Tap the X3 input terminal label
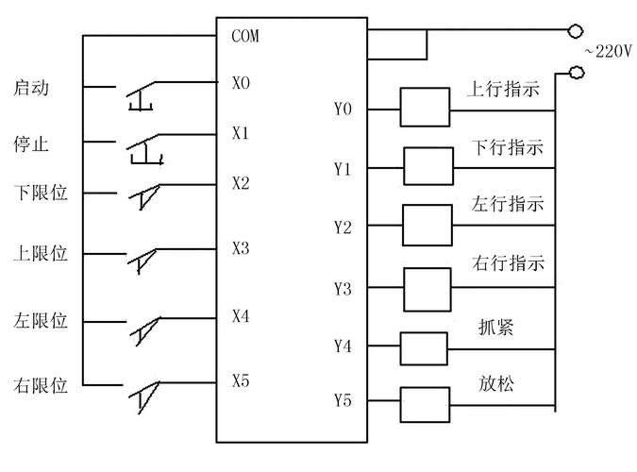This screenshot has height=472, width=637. pyautogui.click(x=242, y=248)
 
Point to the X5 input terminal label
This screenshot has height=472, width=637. pyautogui.click(x=242, y=381)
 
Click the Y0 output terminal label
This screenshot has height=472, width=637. pyautogui.click(x=343, y=110)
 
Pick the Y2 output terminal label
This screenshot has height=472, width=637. pyautogui.click(x=343, y=227)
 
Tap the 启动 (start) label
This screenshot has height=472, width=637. pyautogui.click(x=31, y=89)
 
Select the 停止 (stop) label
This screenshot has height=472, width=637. pyautogui.click(x=31, y=146)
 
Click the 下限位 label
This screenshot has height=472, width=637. pyautogui.click(x=41, y=194)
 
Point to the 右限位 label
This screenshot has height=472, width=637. pyautogui.click(x=41, y=385)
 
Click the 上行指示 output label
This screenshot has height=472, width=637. pyautogui.click(x=503, y=90)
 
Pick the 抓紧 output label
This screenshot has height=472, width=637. pyautogui.click(x=495, y=326)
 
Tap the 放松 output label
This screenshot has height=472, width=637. pyautogui.click(x=495, y=384)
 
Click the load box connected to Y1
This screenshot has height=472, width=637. pyautogui.click(x=429, y=166)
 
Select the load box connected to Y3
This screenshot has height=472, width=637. pyautogui.click(x=429, y=289)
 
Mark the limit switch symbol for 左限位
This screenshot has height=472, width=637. pyautogui.click(x=143, y=324)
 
